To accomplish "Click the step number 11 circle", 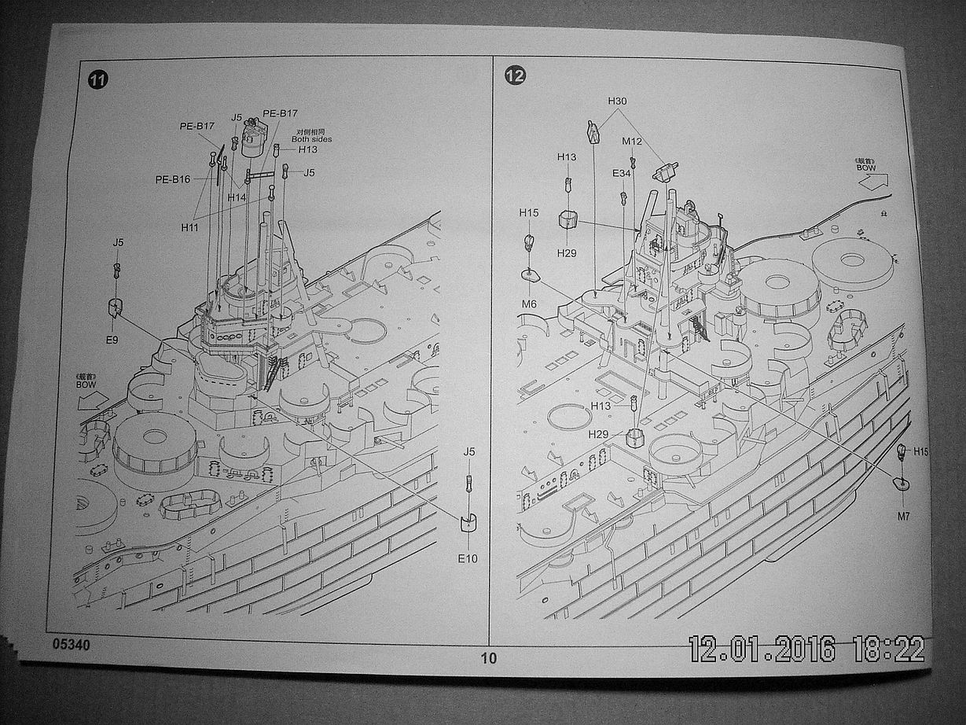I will pos(97,80).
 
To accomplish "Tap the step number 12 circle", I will pos(516,75).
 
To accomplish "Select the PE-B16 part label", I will pos(173,179).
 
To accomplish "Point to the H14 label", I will pos(237,197).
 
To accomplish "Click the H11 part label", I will pos(189,226).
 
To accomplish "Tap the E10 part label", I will pos(469,558).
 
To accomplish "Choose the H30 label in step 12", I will pos(617,101).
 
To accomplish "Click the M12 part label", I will pos(632,142).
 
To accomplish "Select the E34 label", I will pos(621,173).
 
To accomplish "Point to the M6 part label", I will pos(528,304).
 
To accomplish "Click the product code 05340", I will pos(72,645).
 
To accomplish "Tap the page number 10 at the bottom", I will pos(489,658).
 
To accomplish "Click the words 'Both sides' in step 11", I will pos(311,139).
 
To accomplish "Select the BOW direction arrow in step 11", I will pos(93,399).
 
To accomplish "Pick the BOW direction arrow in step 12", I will pos(873,182).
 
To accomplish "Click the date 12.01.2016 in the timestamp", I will pos(762,649).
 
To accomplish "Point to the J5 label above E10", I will pos(469,451).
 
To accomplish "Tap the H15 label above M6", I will pos(528,212).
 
